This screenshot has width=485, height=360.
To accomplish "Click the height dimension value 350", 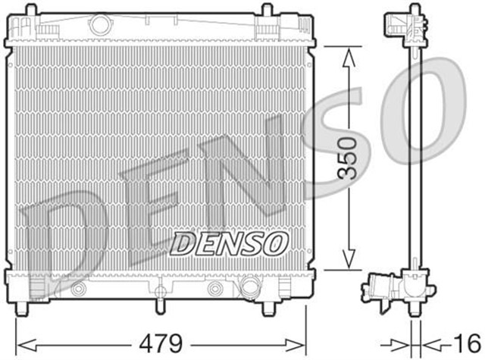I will pos(347,158).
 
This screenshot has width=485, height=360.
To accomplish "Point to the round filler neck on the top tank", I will pos(99,23).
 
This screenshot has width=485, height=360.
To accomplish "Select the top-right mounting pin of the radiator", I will pos(267,10).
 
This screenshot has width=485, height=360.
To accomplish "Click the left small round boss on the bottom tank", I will pos(78,289).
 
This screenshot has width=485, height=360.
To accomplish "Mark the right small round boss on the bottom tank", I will pos(216,289).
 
